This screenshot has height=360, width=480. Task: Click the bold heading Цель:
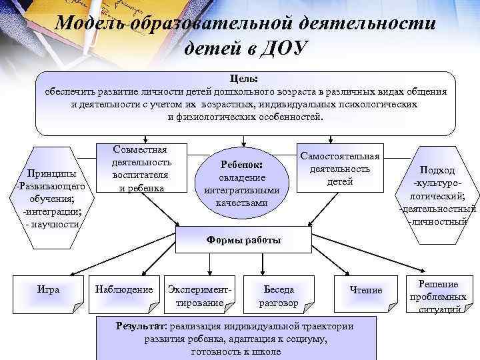point(245,79)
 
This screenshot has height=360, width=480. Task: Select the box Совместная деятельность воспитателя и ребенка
point(141,169)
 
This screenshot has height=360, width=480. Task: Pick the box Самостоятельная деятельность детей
point(339,169)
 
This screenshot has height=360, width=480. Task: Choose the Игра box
point(48,290)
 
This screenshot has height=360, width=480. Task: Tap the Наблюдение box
point(125,290)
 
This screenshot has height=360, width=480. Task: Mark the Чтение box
point(366,290)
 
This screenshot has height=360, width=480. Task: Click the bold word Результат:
point(142,326)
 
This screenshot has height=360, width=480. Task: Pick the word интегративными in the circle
point(241,190)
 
